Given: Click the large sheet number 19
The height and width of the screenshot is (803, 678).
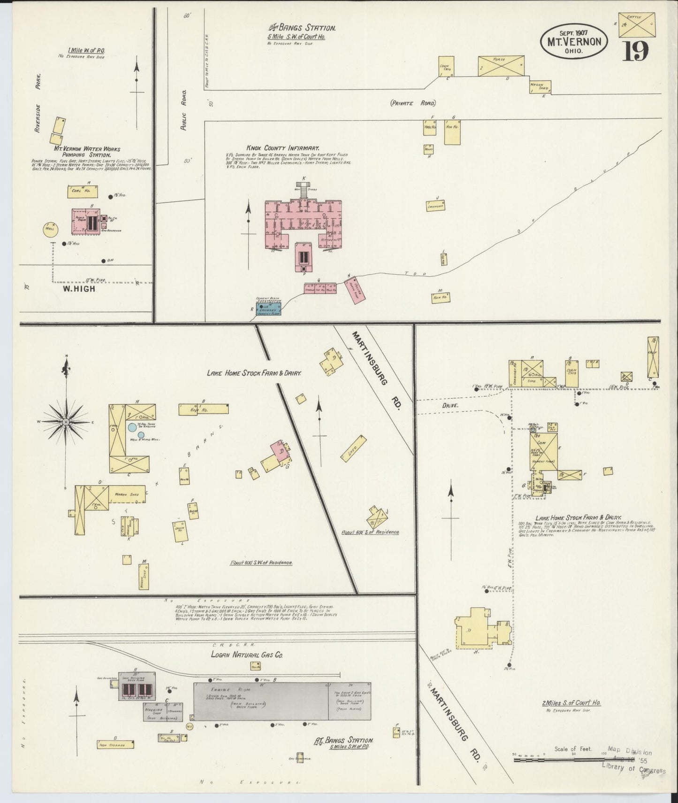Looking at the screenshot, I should (x=636, y=50).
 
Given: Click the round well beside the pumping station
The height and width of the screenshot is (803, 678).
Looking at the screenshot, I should (x=50, y=229).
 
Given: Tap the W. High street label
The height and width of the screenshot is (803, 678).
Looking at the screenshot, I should (x=78, y=289).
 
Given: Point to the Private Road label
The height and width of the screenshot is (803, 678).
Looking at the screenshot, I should (x=413, y=103).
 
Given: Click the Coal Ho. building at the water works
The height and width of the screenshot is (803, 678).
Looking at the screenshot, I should (x=84, y=191).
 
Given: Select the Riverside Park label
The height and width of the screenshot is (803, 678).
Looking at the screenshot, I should (x=38, y=103).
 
